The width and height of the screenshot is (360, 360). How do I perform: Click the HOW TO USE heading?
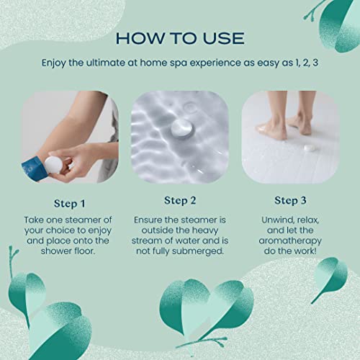pos(180,37)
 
